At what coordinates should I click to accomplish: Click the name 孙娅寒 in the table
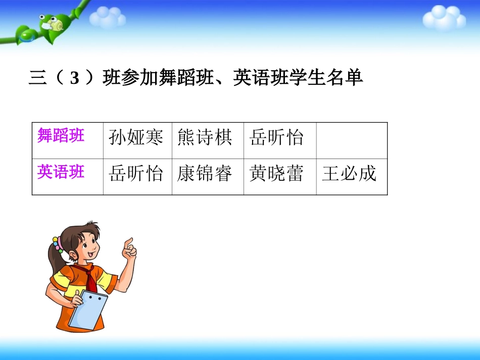tap(136, 137)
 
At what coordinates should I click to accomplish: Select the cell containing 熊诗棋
tap(205, 137)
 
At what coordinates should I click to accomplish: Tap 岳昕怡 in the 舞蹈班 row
tap(277, 137)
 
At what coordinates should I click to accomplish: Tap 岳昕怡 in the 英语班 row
tap(136, 174)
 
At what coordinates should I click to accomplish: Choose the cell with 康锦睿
tap(205, 174)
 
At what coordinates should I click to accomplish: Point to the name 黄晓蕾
tap(277, 174)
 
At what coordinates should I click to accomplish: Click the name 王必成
tap(350, 174)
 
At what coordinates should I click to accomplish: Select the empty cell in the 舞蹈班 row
tap(352, 137)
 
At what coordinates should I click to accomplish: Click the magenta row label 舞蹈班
tap(61, 135)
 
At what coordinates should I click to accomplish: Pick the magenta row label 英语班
tap(61, 172)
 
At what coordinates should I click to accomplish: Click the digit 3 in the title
tap(75, 79)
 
